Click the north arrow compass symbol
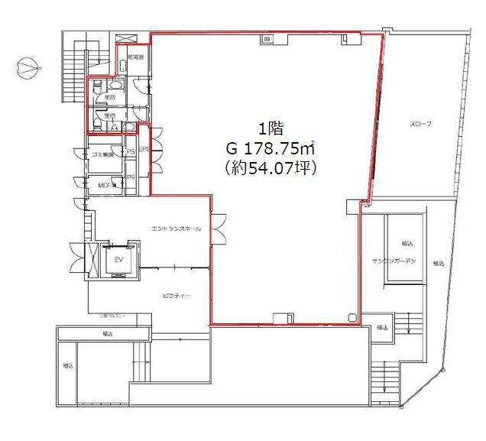coord(27,68)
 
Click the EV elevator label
coord(118,259)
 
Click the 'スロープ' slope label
coord(420,124)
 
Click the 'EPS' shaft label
coord(142,151)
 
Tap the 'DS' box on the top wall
coord(267,38)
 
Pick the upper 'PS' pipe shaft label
coord(130,152)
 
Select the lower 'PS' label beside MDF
coord(130,177)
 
